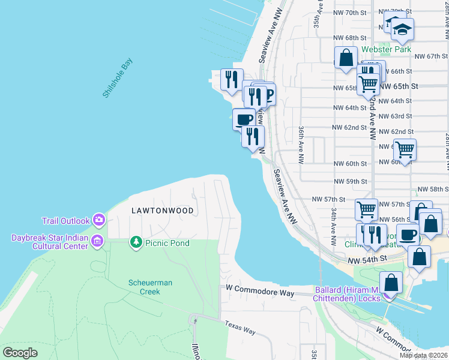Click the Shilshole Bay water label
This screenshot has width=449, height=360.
click(117, 78)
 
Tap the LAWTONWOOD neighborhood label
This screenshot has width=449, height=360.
click(163, 211)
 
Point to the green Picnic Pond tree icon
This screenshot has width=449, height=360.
click(136, 242)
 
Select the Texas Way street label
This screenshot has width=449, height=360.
click(240, 328)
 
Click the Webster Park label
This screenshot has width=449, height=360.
click(386, 49)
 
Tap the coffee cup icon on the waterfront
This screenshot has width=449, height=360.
click(244, 119)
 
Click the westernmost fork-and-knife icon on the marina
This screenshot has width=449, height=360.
click(231, 79)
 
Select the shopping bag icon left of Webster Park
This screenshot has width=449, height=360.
click(346, 58)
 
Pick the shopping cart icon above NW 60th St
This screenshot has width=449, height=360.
click(405, 149)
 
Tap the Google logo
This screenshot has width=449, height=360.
click(20, 352)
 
